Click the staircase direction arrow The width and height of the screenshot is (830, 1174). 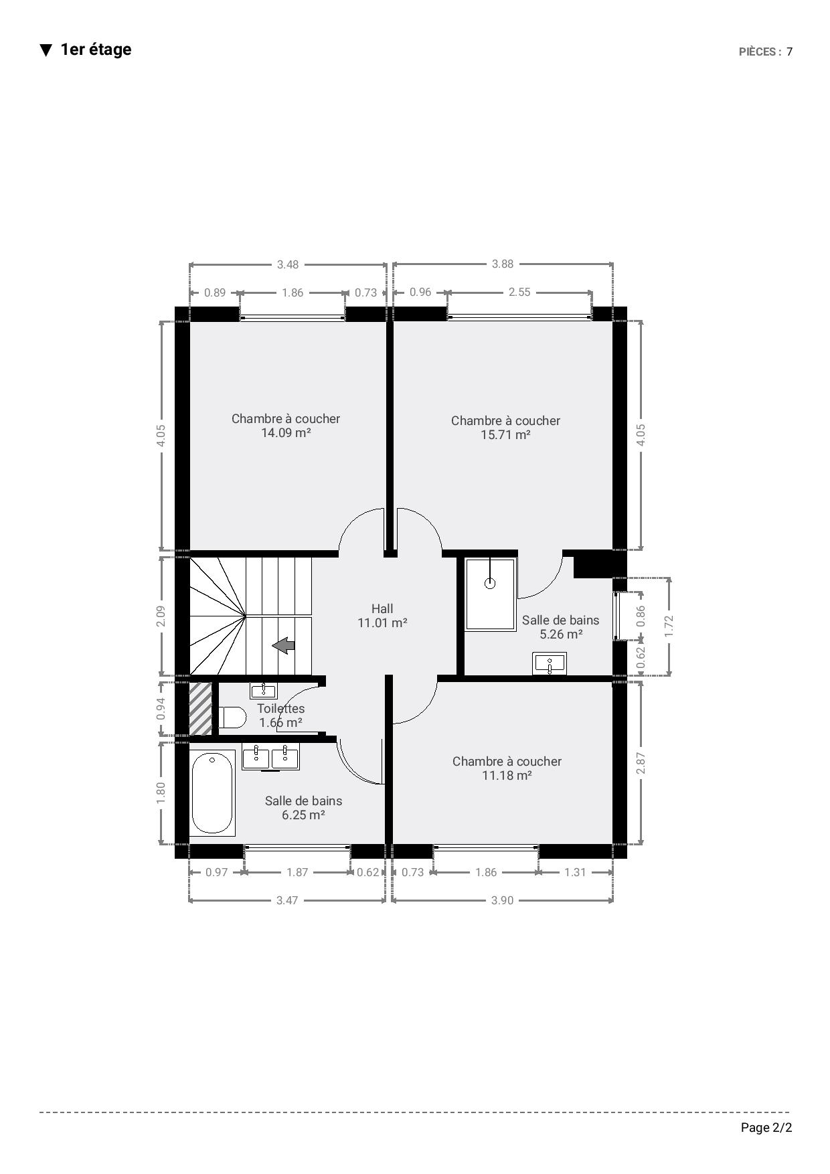click(x=284, y=645)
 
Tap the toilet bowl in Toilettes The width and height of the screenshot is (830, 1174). click(x=232, y=718)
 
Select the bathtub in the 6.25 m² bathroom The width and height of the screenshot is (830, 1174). click(x=213, y=792)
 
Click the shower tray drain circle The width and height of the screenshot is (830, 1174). click(x=490, y=583)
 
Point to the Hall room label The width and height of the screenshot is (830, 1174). click(x=382, y=608)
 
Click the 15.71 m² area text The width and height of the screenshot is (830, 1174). click(x=505, y=434)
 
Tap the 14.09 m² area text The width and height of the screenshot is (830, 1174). click(x=286, y=432)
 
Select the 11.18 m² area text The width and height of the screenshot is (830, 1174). click(x=507, y=775)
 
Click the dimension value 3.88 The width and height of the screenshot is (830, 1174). click(x=503, y=264)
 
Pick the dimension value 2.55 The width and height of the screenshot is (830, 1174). click(x=519, y=292)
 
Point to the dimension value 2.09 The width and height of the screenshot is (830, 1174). click(x=161, y=616)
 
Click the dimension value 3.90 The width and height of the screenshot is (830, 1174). click(x=503, y=900)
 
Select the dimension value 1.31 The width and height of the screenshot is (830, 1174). click(x=575, y=872)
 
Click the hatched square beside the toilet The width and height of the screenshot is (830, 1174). click(x=201, y=708)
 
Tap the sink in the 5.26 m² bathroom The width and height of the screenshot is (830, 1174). click(x=550, y=664)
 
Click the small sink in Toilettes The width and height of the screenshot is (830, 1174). click(x=264, y=691)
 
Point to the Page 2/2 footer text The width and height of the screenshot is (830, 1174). click(x=766, y=1128)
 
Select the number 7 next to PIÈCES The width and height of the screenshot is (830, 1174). click(x=790, y=52)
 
